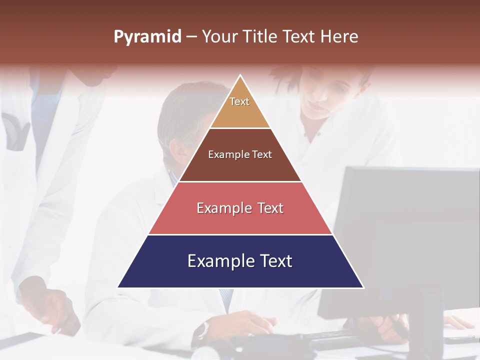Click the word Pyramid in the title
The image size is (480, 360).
pos(147,37)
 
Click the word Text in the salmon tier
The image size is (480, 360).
pos(268,208)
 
